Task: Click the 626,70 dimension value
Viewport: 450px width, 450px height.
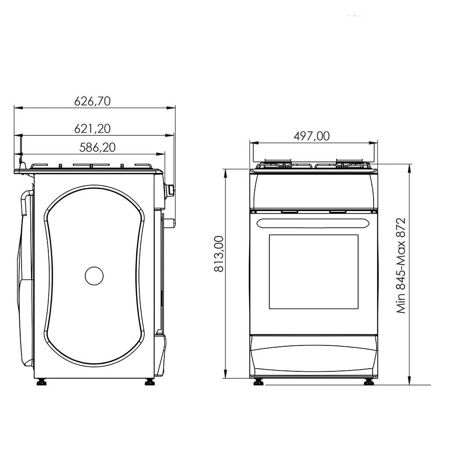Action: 92,101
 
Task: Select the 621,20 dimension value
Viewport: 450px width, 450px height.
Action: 92,129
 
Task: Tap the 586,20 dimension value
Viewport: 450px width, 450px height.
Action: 97,148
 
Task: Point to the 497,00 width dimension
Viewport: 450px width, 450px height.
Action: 312,136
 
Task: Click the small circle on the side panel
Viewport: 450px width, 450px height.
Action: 94,276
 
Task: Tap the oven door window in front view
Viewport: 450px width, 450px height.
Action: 313,272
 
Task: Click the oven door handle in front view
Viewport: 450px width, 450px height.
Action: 313,223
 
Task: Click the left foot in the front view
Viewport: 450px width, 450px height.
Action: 259,382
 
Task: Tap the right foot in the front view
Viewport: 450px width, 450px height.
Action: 369,382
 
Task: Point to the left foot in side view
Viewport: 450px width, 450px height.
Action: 42,382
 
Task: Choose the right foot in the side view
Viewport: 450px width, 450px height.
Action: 150,382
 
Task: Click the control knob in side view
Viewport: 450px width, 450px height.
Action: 169,190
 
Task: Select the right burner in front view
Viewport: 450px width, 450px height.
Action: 352,165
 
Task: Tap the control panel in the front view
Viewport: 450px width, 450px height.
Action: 313,190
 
